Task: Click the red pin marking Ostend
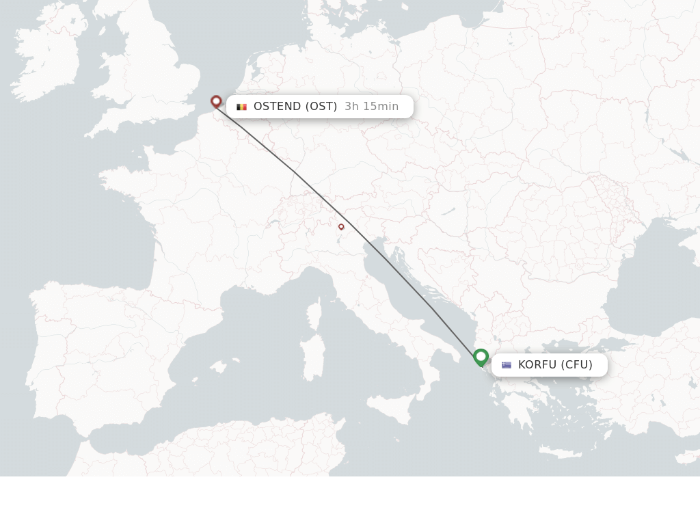click(216, 102)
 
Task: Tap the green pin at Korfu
click(481, 357)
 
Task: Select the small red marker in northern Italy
click(341, 226)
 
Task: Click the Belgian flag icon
click(241, 107)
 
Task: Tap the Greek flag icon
click(507, 365)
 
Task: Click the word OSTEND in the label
click(277, 107)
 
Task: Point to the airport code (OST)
click(321, 107)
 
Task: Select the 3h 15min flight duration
click(371, 107)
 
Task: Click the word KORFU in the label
click(537, 365)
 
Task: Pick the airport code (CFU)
click(577, 365)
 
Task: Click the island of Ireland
click(44, 65)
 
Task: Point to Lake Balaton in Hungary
click(448, 212)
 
